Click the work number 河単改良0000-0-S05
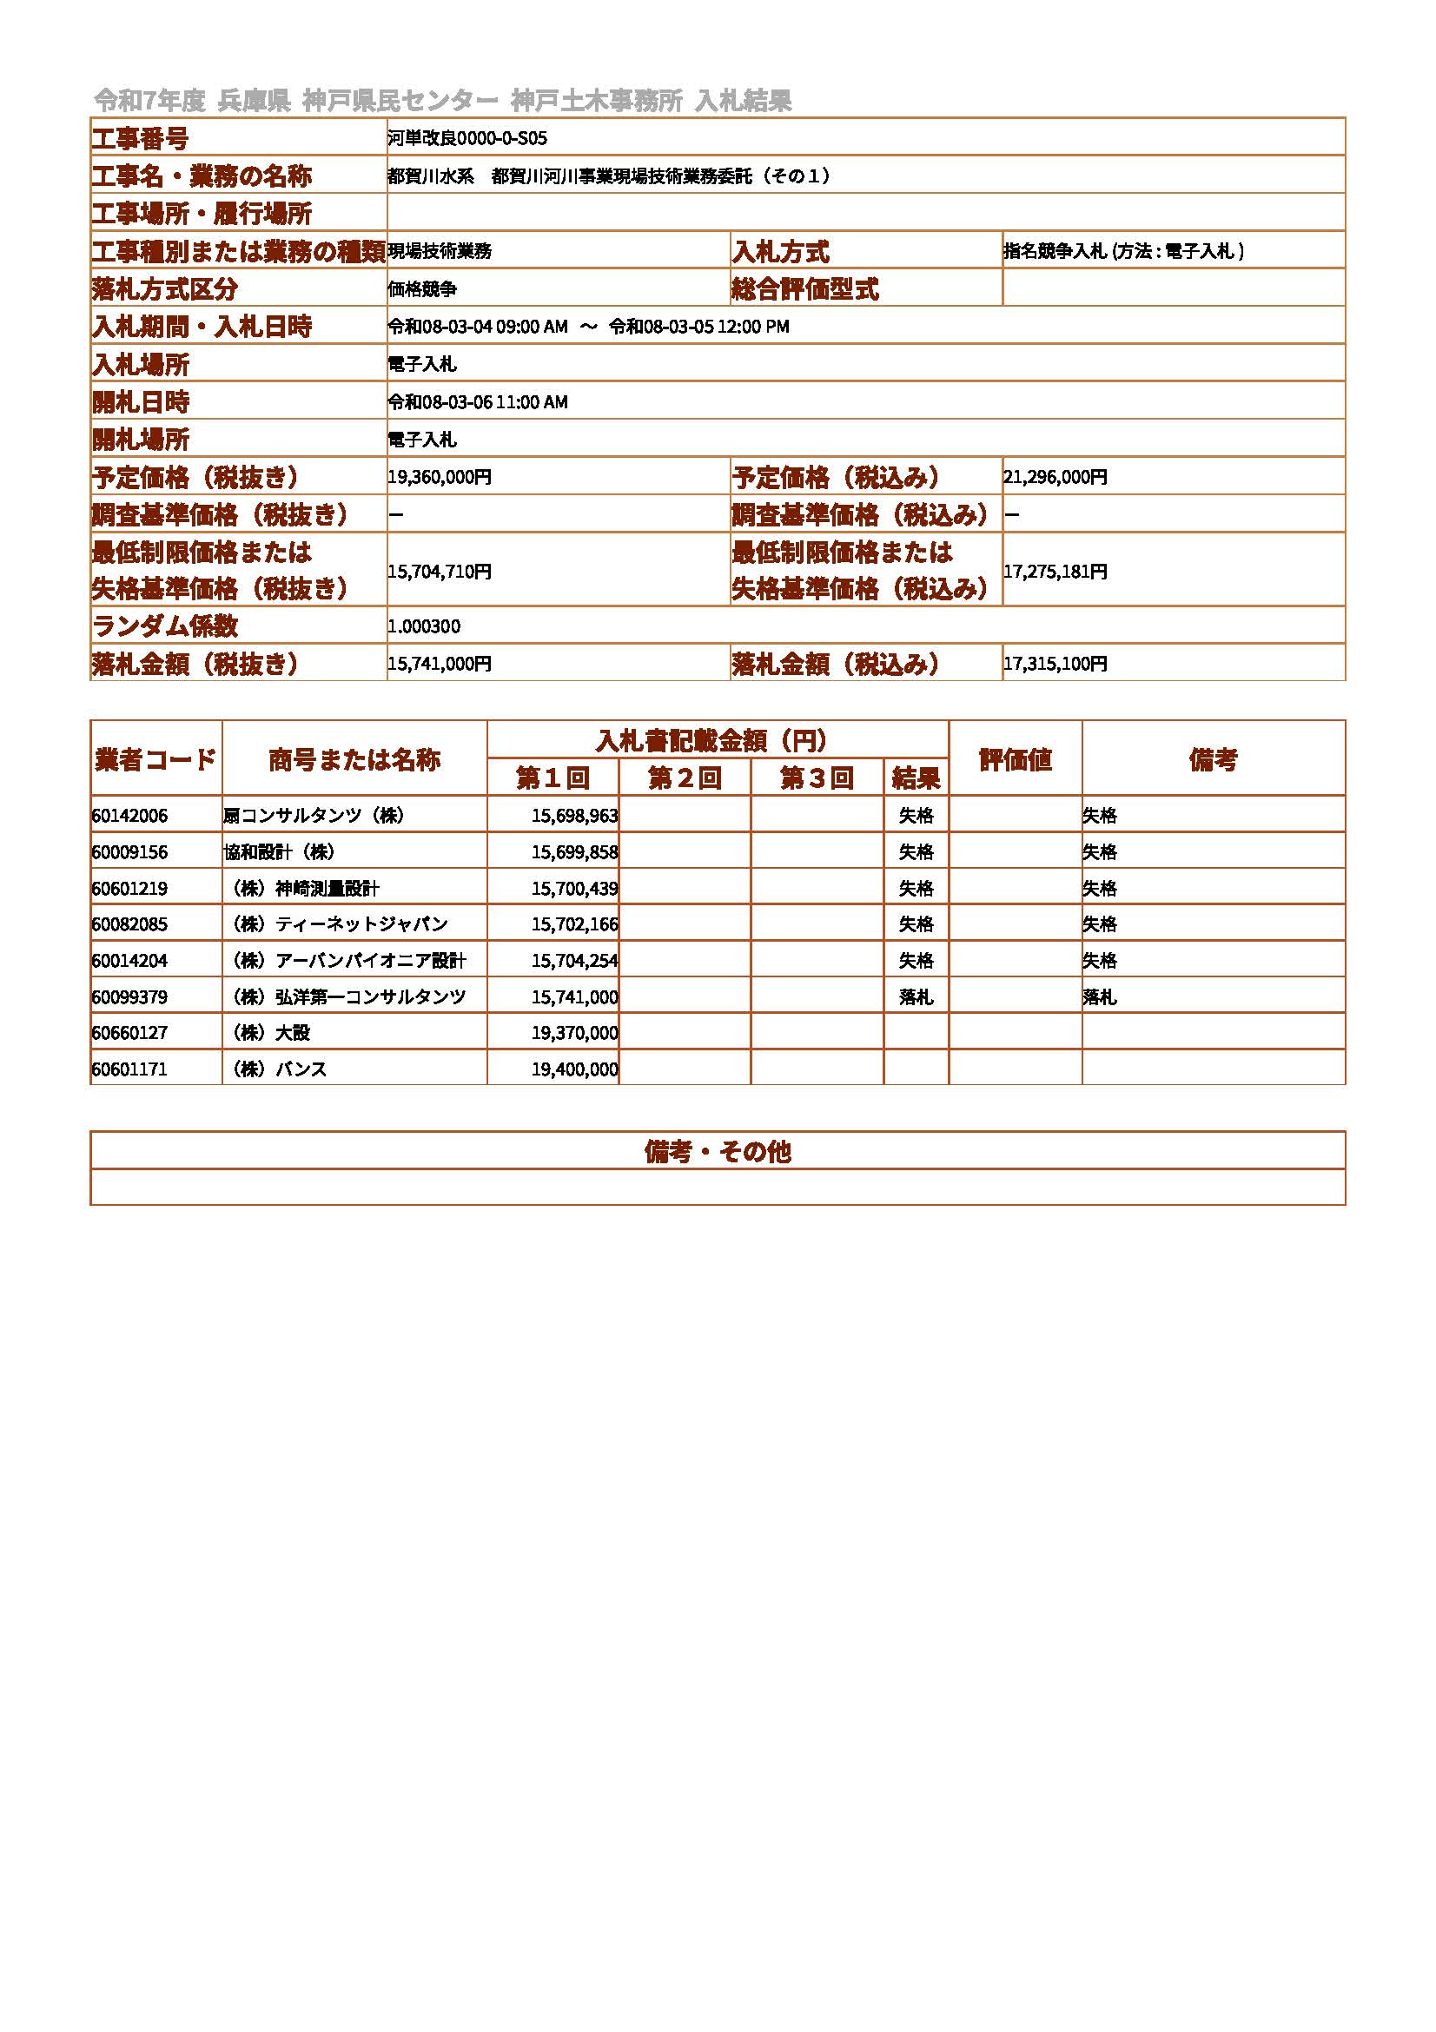[467, 138]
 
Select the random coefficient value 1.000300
[424, 626]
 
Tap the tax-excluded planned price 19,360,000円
[439, 477]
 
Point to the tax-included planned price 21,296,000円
[1055, 477]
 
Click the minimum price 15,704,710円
[439, 572]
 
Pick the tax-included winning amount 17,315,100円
[1055, 664]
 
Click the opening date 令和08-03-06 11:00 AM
[478, 402]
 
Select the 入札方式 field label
[780, 252]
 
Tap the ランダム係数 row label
[165, 626]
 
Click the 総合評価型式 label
[805, 289]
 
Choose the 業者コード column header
[156, 759]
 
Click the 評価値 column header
[1015, 759]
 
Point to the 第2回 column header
[684, 778]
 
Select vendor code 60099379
[129, 997]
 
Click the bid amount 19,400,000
[574, 1069]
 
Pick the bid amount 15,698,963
[574, 816]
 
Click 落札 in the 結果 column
[916, 997]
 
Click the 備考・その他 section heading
[718, 1151]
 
